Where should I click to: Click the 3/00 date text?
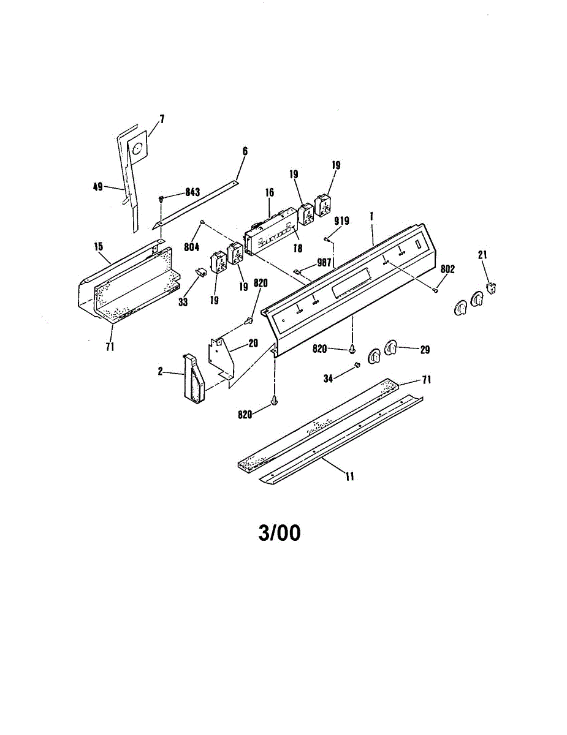pos(280,533)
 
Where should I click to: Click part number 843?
pos(192,192)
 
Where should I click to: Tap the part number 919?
pos(341,221)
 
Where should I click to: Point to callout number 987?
pos(323,262)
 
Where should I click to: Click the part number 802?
pos(447,268)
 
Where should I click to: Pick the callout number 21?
pos(482,255)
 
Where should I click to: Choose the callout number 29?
pos(425,350)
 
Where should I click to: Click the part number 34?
pos(329,379)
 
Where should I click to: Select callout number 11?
pos(349,477)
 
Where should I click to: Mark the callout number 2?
pos(160,372)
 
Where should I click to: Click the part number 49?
pos(97,187)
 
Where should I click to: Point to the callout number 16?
pos(269,192)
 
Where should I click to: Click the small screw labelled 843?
pos(161,198)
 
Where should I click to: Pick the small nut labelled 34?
pos(355,366)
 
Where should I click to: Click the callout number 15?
pos(98,246)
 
